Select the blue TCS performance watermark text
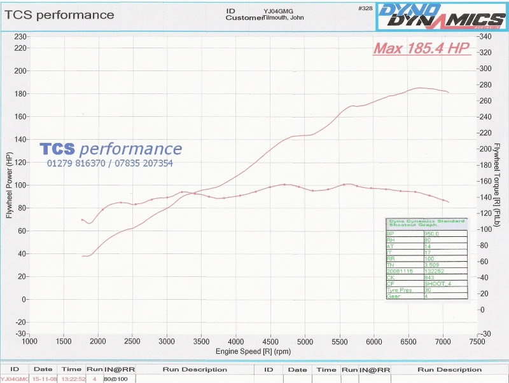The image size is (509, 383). [x=111, y=149]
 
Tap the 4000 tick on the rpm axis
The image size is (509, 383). [x=235, y=340]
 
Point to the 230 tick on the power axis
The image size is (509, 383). [x=20, y=37]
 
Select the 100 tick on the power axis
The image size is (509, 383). [x=20, y=185]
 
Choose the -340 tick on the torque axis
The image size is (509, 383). [x=485, y=37]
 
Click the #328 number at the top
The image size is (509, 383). [x=365, y=8]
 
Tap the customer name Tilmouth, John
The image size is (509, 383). [x=284, y=18]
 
